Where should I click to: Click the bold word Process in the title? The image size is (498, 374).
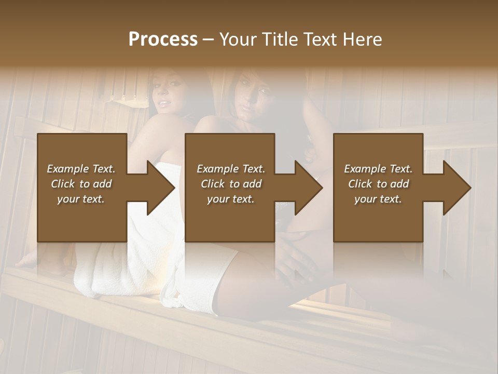163,39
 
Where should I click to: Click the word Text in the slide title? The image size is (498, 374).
320,39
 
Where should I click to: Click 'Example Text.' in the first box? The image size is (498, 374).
81,169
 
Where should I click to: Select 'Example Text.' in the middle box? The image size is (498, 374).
231,169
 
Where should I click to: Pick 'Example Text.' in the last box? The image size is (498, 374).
378,169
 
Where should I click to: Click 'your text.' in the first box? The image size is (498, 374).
81,199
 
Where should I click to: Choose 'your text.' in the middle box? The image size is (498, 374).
231,199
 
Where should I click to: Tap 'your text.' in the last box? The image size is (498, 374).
378,199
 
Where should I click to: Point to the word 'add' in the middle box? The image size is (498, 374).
252,184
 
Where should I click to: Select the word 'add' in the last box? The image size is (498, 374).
399,184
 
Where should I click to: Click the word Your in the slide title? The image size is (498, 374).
237,39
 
